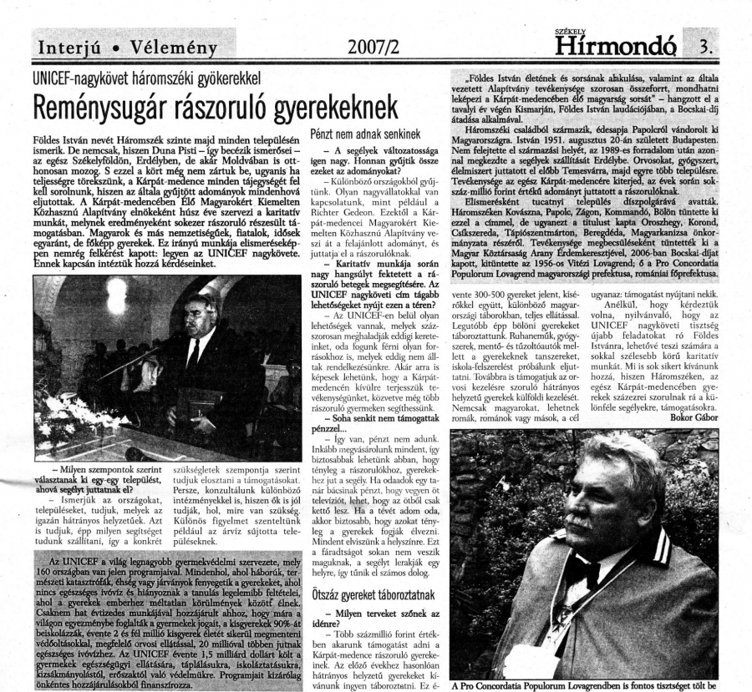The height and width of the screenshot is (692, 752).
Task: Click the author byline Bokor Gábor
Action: point(693,417)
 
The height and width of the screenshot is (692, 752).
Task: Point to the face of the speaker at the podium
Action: point(201,311)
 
